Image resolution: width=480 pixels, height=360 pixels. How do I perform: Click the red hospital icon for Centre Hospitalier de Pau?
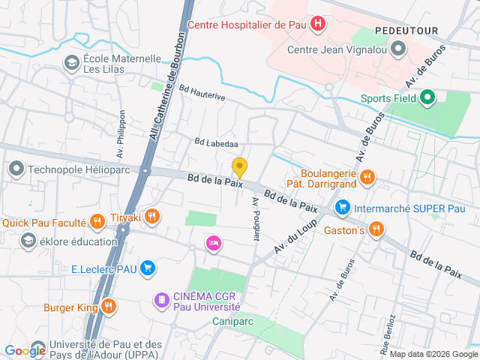pyautogui.click(x=319, y=24)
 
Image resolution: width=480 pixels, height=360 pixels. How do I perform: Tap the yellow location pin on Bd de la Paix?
pyautogui.click(x=239, y=168)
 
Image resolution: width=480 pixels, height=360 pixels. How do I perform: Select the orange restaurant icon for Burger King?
pyautogui.click(x=109, y=305)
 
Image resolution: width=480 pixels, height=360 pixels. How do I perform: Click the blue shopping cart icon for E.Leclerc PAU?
pyautogui.click(x=148, y=267)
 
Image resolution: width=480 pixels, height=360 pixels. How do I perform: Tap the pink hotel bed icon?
pyautogui.click(x=214, y=242)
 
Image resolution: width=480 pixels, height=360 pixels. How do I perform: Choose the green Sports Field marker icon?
pyautogui.click(x=427, y=97)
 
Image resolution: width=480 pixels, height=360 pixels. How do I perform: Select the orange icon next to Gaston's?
pyautogui.click(x=376, y=229)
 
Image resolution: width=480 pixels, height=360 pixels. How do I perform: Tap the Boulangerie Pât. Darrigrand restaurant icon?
pyautogui.click(x=366, y=177)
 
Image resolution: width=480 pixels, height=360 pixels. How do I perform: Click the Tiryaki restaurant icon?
pyautogui.click(x=151, y=217)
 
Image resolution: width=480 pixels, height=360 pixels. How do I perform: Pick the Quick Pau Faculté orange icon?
pyautogui.click(x=97, y=221)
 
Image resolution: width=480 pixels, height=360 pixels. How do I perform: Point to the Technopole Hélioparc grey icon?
pyautogui.click(x=16, y=169)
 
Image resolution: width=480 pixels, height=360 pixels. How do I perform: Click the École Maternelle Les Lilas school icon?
pyautogui.click(x=72, y=63)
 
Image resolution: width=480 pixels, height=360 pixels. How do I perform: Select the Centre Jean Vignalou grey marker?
pyautogui.click(x=398, y=50)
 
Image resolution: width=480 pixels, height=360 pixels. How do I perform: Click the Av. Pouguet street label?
pyautogui.click(x=256, y=219)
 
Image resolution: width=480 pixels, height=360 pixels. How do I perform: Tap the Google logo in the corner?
pyautogui.click(x=25, y=350)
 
